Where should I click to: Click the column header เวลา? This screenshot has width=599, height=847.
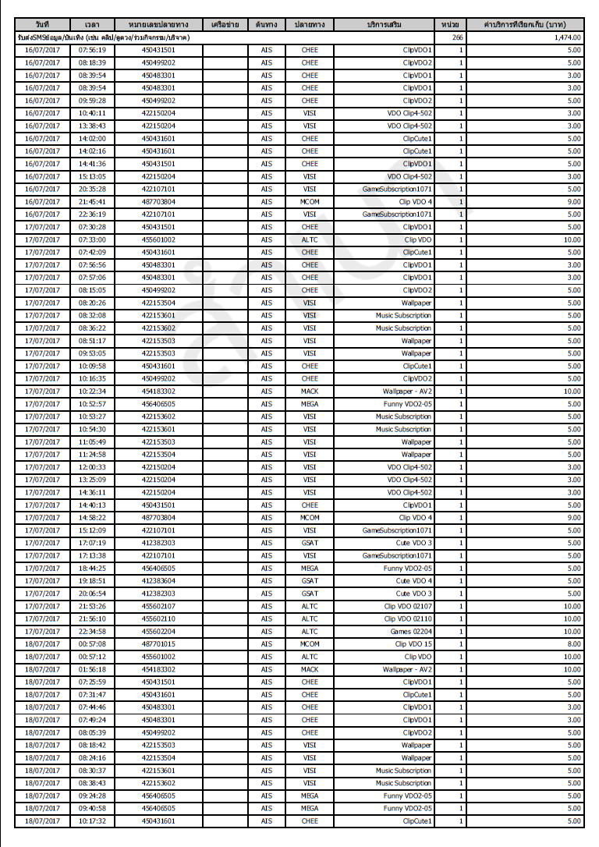tap(92, 24)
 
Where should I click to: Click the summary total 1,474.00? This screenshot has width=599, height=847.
tap(565, 37)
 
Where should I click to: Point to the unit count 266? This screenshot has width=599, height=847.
tap(457, 37)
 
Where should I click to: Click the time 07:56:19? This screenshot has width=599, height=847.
tap(92, 50)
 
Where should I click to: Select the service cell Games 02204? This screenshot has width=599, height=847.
tap(412, 632)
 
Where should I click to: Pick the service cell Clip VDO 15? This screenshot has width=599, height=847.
tap(413, 644)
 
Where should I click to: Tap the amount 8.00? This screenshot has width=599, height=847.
tap(574, 644)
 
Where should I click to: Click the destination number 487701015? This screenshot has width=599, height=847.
tap(158, 644)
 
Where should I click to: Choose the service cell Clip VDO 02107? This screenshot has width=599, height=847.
tap(408, 606)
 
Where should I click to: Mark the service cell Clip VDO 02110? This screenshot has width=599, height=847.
tap(408, 619)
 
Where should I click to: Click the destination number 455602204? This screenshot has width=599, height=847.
tap(158, 632)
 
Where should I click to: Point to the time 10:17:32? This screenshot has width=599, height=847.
tap(92, 821)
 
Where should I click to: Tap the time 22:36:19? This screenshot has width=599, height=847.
tap(92, 214)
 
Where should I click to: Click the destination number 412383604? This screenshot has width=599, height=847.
tap(158, 581)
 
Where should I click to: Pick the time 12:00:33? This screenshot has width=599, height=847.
tap(92, 467)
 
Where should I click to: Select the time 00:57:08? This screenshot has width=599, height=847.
tap(92, 644)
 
